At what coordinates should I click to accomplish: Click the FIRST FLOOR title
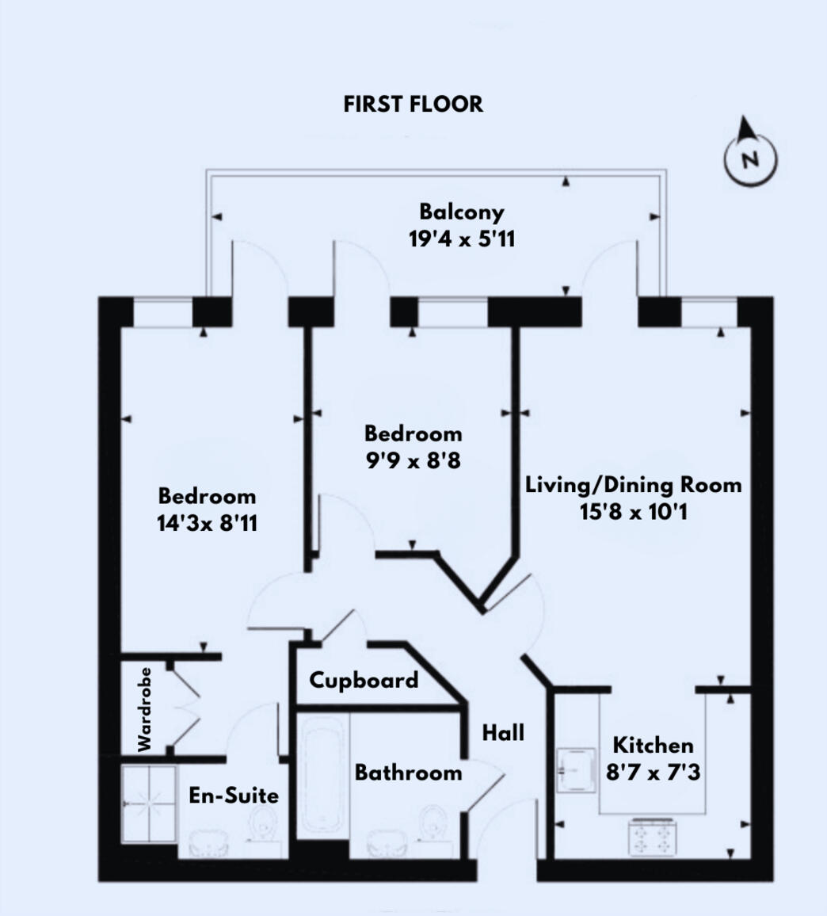413,104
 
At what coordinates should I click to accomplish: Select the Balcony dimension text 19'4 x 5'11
462,239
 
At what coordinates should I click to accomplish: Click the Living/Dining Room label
634,484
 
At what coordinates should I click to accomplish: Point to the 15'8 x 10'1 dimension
634,512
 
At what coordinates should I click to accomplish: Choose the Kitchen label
653,745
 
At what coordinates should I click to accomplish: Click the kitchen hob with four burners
653,837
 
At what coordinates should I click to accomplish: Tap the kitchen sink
576,769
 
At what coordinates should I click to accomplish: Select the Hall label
503,733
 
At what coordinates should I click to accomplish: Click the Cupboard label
364,680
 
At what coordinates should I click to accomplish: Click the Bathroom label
408,773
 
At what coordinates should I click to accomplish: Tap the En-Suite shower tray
149,805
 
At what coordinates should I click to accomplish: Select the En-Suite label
234,795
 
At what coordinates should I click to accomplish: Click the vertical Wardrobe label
144,709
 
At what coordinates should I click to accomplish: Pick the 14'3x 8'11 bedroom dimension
208,524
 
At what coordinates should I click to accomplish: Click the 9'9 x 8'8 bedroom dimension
413,460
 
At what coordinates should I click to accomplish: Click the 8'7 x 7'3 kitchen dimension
653,773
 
